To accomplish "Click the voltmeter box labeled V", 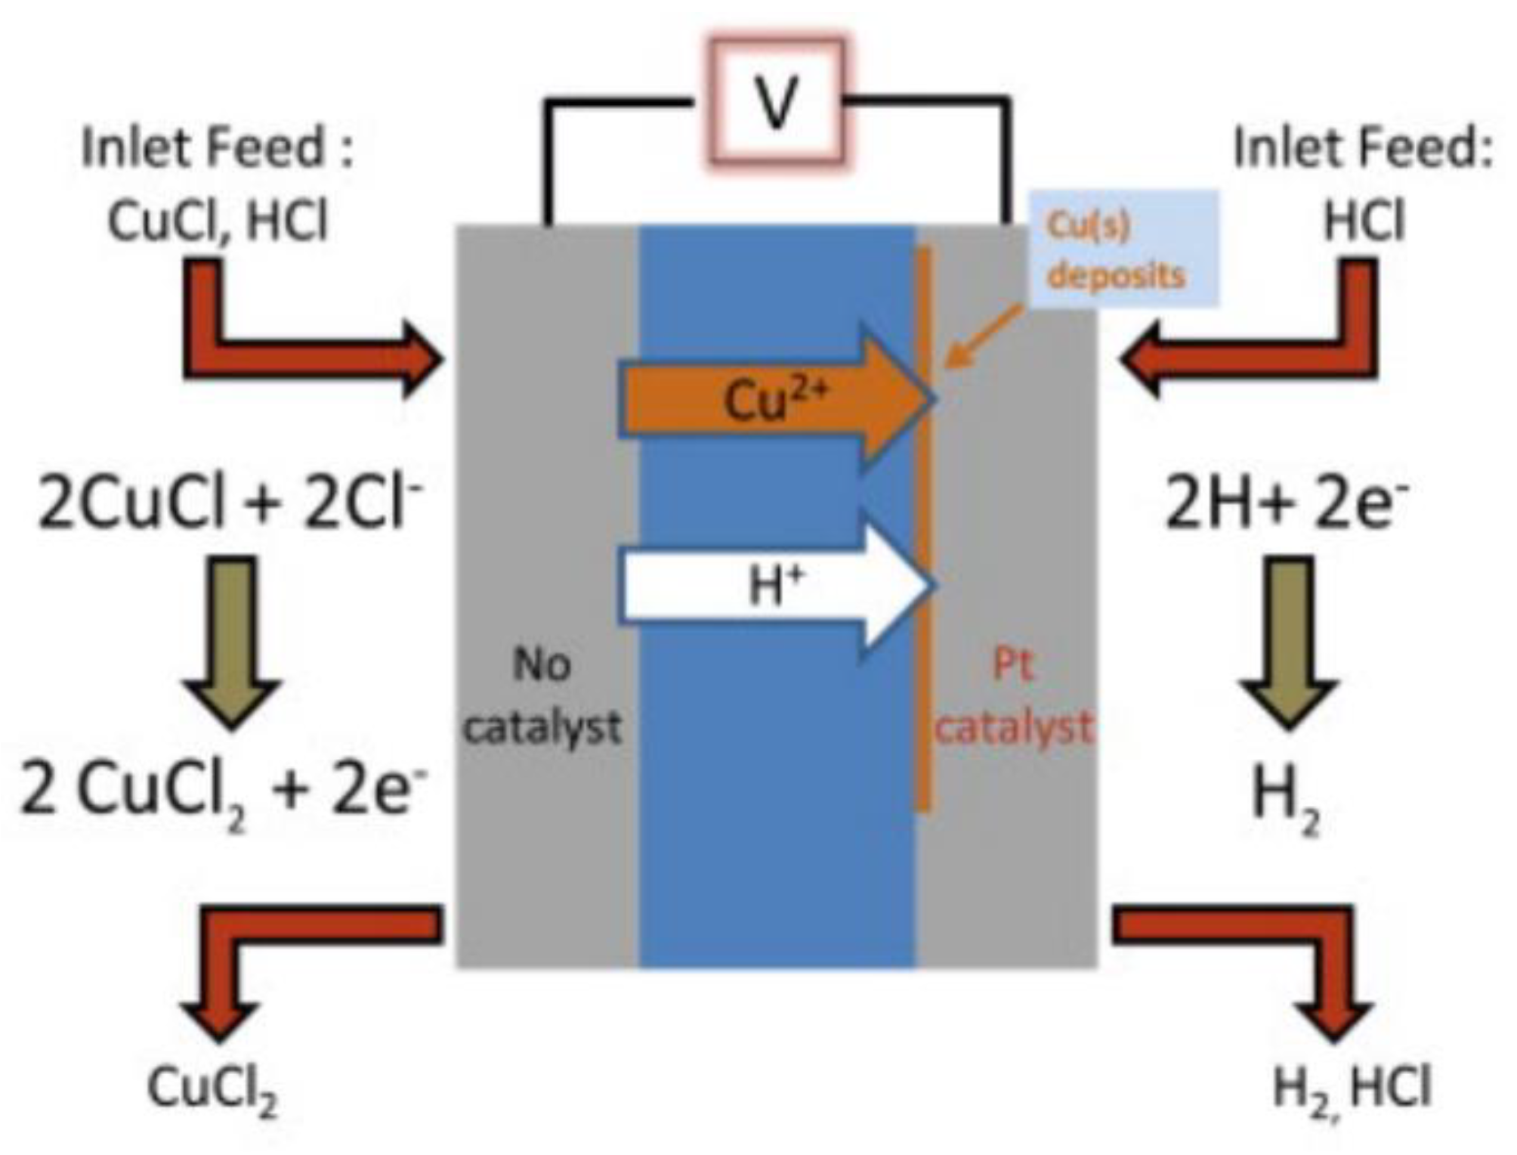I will coord(777,101).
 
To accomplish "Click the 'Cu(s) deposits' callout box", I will coord(1123,249).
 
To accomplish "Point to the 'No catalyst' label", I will coord(542,696).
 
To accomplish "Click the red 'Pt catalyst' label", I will coord(1013,696).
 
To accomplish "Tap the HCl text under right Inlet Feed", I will coord(1363,222).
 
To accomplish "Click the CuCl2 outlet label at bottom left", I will coord(212,1089).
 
